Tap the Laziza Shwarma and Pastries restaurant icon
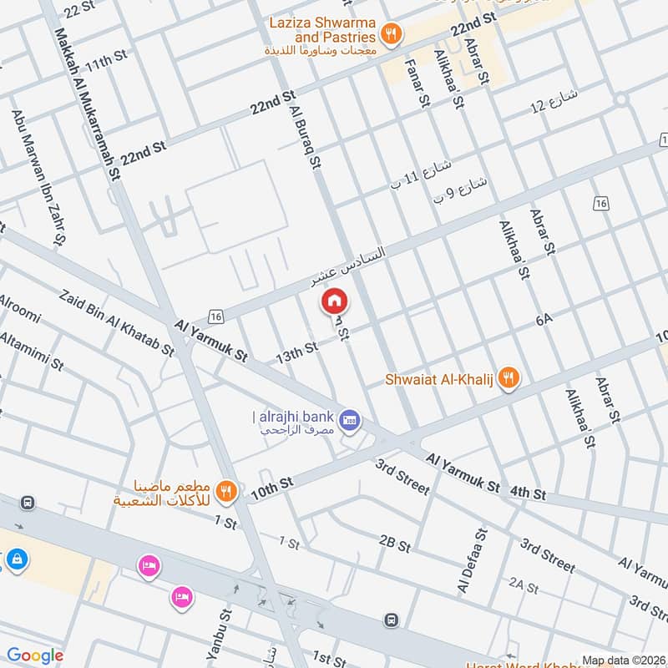[x=390, y=34]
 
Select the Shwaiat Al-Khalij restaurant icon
[x=507, y=379]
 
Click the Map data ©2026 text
[x=622, y=660]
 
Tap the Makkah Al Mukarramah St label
[x=83, y=104]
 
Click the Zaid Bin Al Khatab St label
[x=118, y=326]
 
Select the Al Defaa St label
[x=471, y=560]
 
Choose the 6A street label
[x=545, y=319]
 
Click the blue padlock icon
[x=16, y=560]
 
